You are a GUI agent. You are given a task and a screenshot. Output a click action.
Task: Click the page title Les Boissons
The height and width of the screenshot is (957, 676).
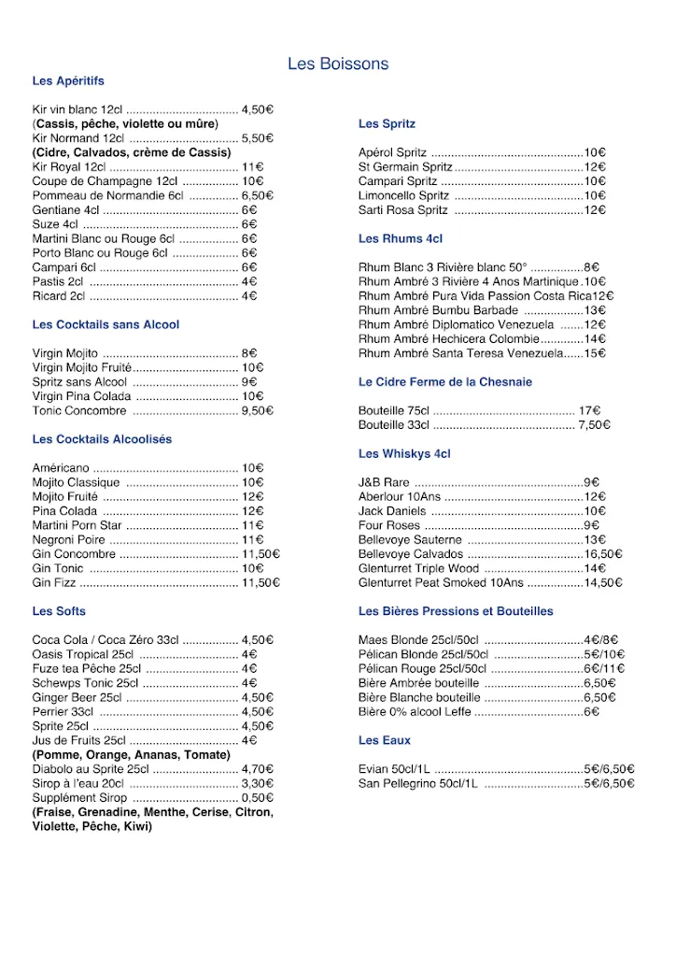coord(338,64)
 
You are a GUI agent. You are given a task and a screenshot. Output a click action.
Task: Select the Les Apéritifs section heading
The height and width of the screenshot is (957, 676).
coord(68,81)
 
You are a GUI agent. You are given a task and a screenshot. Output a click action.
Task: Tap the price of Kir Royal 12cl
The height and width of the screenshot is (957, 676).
coord(252,167)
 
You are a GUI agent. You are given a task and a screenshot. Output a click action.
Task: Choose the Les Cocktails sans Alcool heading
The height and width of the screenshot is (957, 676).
coord(106,325)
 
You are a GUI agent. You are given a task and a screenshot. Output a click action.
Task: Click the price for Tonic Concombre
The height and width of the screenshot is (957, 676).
coord(257,410)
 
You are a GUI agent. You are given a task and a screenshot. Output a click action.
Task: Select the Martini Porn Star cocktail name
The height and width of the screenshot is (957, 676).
coord(77,525)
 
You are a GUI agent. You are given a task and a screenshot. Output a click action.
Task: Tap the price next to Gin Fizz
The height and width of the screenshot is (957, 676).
coord(261,582)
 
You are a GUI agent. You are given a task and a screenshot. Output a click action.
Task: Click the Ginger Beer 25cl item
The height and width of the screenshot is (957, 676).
coord(77,697)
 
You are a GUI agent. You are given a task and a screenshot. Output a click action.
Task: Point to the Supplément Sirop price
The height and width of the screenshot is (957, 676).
coord(257,798)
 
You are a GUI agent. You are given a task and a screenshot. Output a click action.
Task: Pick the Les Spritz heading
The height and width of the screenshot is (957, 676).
coord(387,124)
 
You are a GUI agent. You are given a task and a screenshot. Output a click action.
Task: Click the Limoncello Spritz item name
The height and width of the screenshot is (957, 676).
coord(403,196)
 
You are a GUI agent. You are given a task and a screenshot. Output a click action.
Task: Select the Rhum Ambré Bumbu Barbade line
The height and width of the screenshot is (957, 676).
coord(438,310)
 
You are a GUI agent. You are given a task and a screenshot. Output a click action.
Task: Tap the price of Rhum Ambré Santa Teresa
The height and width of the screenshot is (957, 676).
coord(596,353)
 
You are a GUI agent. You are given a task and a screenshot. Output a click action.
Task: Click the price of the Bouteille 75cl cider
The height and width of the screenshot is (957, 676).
coord(589,410)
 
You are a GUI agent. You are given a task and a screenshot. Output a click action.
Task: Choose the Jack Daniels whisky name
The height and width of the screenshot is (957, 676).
coord(391,511)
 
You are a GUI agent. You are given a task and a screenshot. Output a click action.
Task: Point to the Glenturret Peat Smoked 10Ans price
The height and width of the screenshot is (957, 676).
coord(603,582)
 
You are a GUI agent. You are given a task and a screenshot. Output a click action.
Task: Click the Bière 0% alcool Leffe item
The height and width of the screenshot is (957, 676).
coord(415,712)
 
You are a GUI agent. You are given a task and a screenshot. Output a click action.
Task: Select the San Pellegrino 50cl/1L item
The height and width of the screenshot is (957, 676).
coord(417,783)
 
